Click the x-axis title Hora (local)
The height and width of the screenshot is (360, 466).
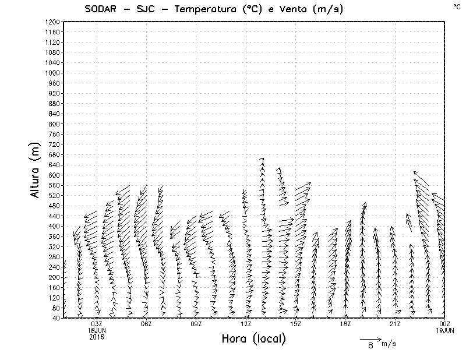coord(253,339)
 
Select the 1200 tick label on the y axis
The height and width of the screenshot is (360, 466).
coord(52,22)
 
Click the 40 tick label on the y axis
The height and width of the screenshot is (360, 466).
coord(56,318)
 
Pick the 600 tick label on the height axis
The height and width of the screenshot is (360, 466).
coord(54,175)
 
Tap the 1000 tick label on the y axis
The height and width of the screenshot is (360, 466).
coord(52,73)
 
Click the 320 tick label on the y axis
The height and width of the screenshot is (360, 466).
coord(54,246)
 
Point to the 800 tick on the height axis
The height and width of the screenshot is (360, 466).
coord(54,123)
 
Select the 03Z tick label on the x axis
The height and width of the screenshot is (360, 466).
coord(97,324)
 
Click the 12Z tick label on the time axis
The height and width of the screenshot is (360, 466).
coord(246,324)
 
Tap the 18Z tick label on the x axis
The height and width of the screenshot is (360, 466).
coord(346,324)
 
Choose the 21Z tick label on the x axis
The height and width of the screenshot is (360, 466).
coord(396,324)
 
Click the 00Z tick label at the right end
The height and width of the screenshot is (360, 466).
coord(446,324)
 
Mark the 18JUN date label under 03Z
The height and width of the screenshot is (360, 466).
coord(97,330)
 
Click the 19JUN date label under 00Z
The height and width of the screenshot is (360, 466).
coord(446,330)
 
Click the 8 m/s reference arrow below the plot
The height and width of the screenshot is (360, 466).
coord(370,338)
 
